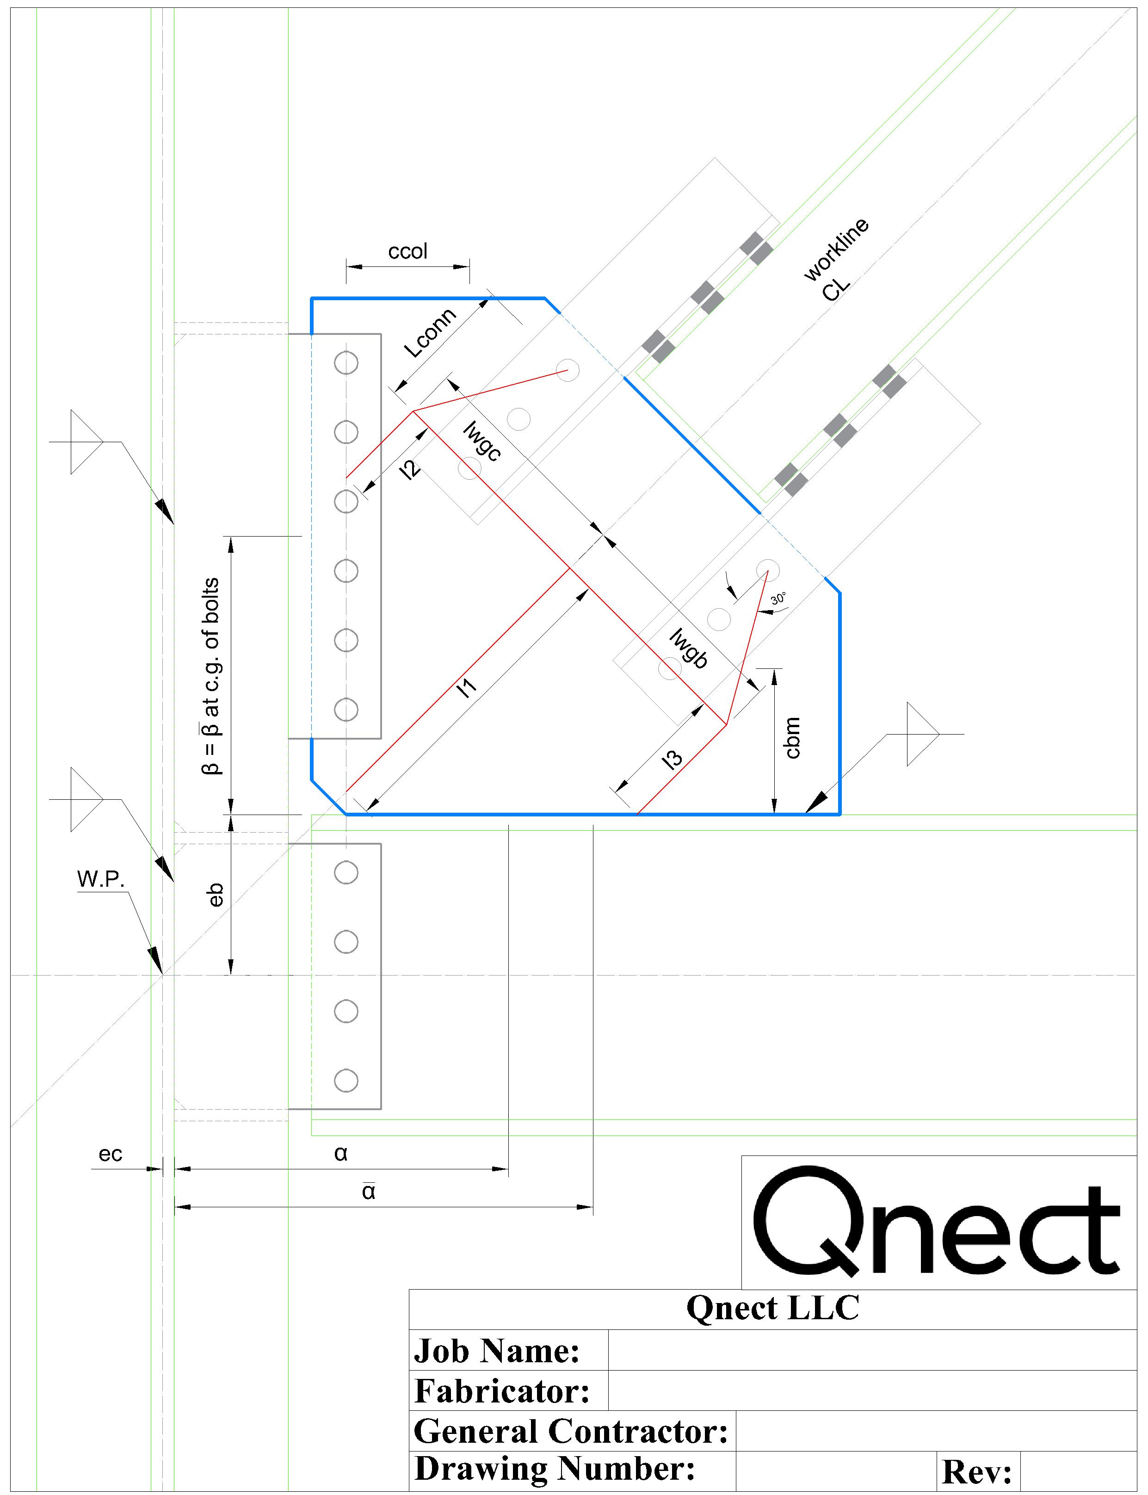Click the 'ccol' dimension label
tap(407, 252)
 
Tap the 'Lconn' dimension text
tap(430, 333)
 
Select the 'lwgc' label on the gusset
tap(482, 441)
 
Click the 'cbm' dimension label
tap(792, 737)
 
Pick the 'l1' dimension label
tap(468, 687)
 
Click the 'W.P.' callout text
tap(101, 879)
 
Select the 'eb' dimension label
tap(215, 895)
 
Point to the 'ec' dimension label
tap(110, 1154)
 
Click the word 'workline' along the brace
tap(836, 249)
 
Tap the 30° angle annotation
tap(778, 599)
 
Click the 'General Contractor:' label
tap(571, 1431)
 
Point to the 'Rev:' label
tap(976, 1472)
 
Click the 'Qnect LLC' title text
tap(773, 1308)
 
